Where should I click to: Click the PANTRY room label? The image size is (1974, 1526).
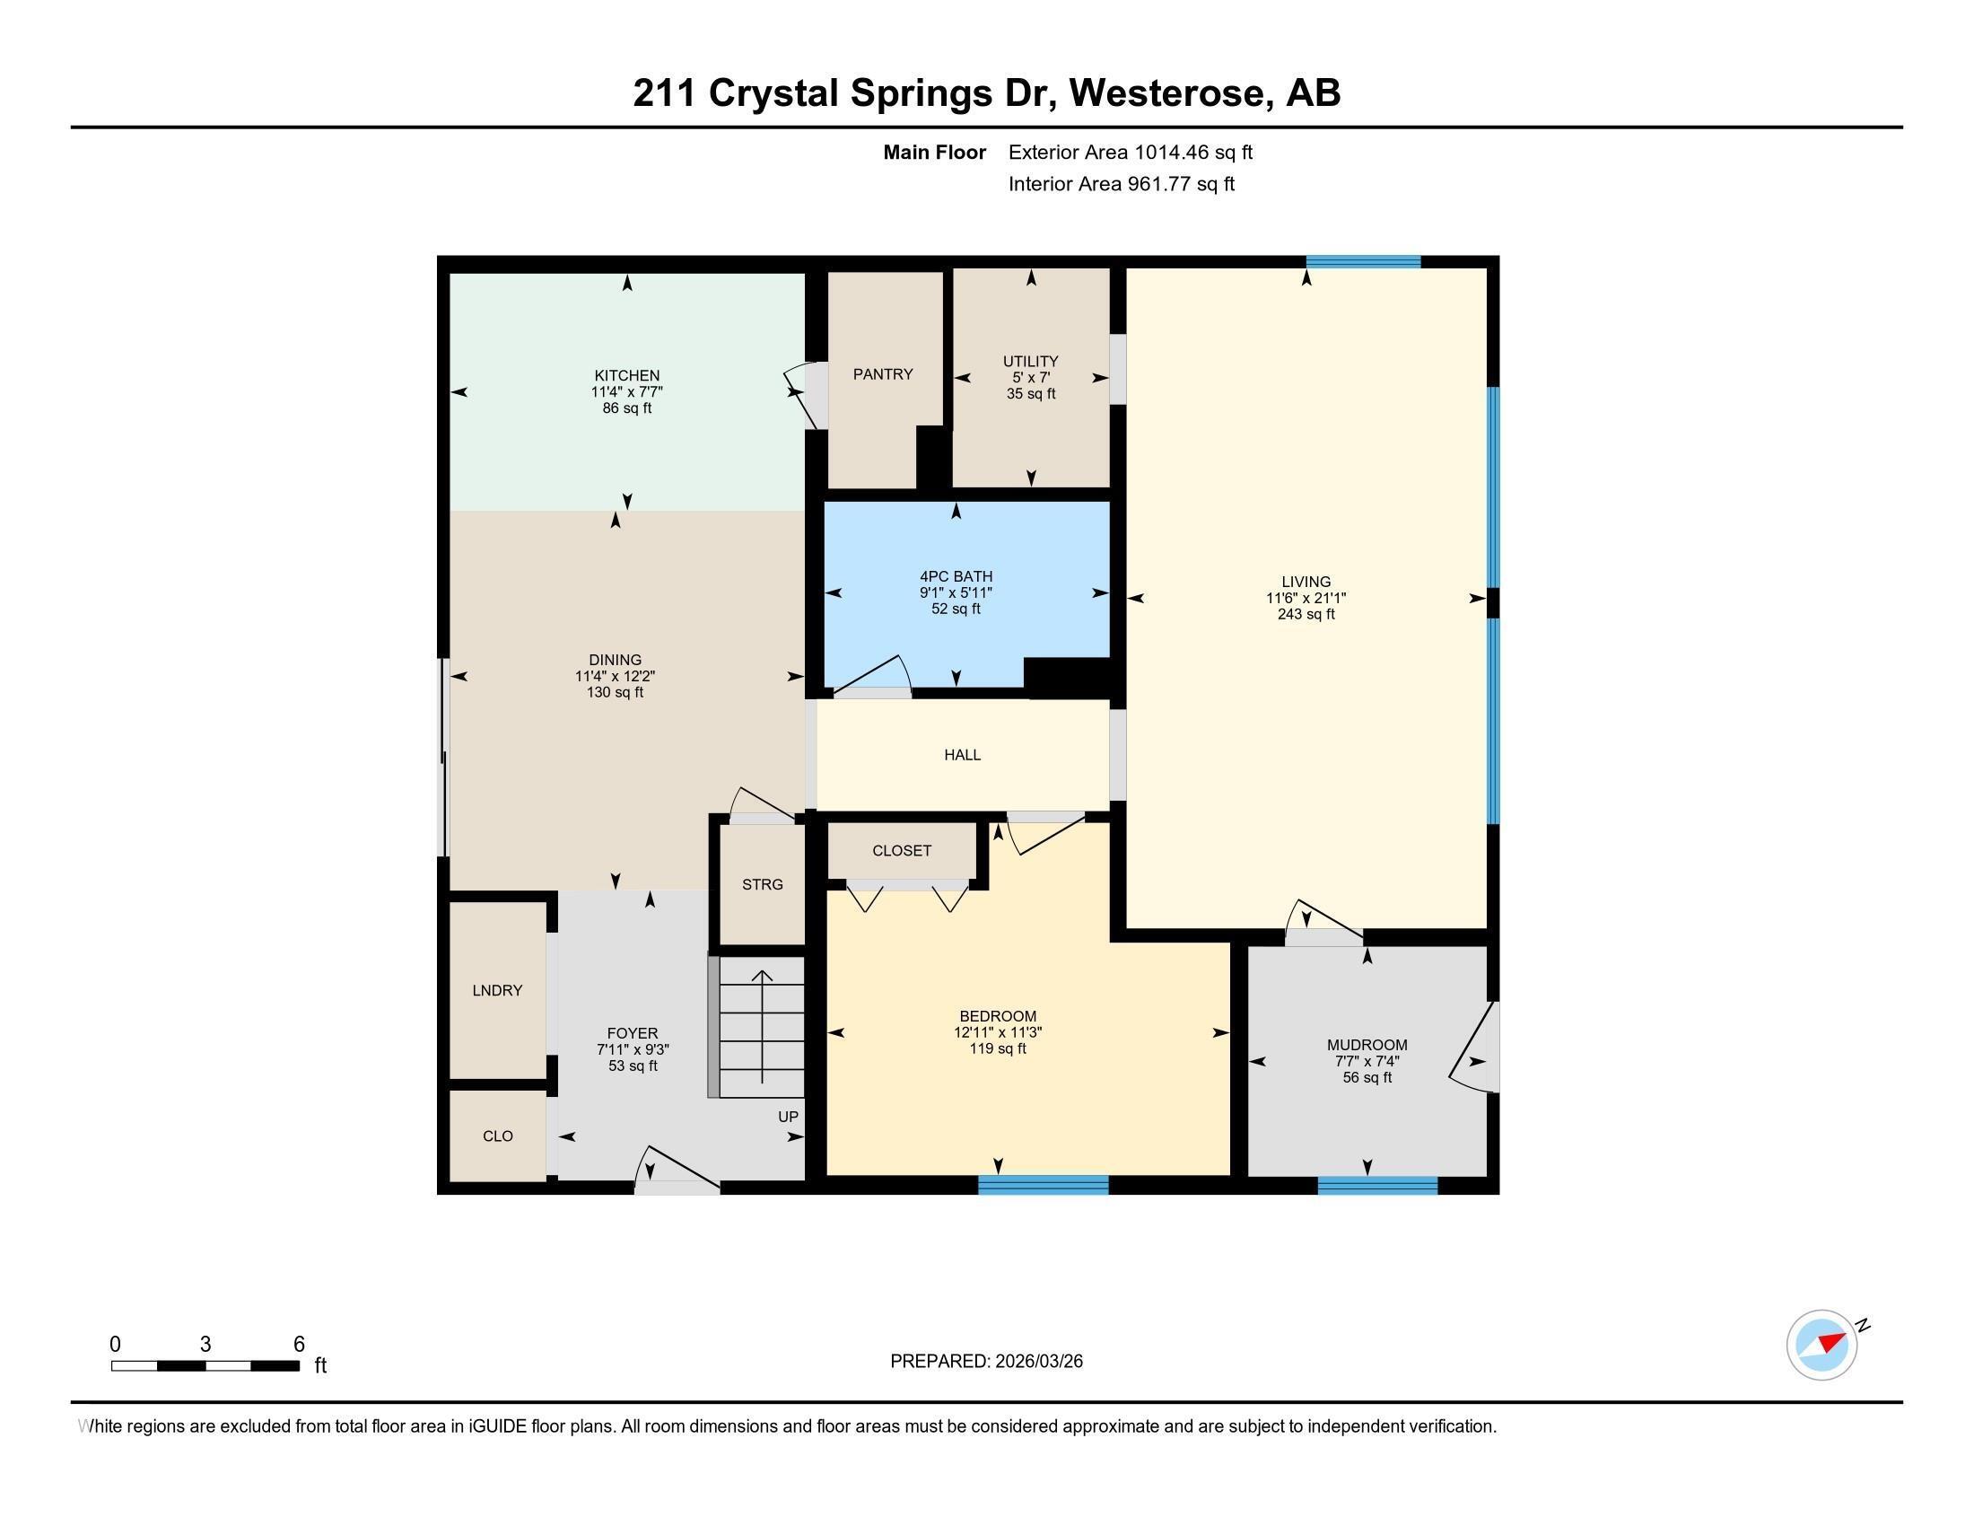point(882,374)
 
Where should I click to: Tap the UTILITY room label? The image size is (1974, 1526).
point(1030,361)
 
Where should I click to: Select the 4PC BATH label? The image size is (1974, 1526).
point(956,576)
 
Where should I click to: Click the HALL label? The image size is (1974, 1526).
point(962,755)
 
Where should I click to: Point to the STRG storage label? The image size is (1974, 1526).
point(762,884)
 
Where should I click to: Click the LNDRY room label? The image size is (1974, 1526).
point(497,990)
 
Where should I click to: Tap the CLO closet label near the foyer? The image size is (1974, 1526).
point(497,1136)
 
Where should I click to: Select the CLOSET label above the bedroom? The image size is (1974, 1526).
point(901,851)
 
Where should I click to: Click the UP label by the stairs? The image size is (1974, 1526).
point(787,1117)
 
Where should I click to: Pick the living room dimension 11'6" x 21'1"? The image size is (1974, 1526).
point(1306,598)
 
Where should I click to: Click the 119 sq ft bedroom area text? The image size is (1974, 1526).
point(997,1048)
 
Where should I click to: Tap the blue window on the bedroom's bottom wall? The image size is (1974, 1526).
point(1043,1184)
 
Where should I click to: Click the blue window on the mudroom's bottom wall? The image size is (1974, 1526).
point(1376,1184)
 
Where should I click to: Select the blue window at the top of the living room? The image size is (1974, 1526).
point(1363,262)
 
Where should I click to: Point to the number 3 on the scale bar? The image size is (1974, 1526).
point(205,1345)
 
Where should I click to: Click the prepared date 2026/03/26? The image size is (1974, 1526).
point(1037,1362)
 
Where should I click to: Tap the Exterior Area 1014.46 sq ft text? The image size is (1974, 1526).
point(1130,152)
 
